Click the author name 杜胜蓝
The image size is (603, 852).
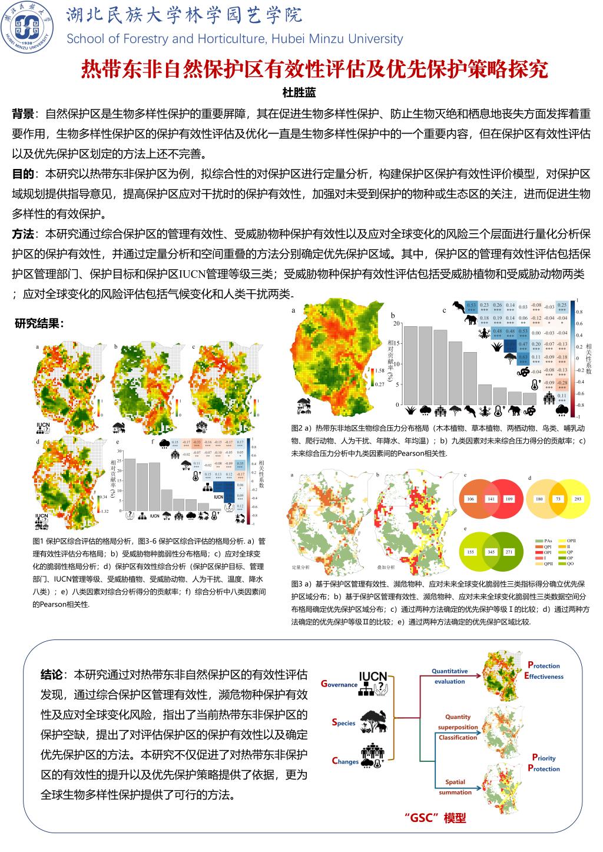click(301, 92)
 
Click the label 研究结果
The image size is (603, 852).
click(39, 323)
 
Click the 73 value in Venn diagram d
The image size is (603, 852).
click(558, 499)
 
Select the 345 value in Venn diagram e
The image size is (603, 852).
click(490, 552)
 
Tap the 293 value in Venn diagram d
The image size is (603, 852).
click(578, 499)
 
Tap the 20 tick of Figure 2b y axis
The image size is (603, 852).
click(396, 323)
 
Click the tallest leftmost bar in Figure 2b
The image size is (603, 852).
click(410, 366)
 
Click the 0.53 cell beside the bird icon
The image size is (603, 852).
click(471, 305)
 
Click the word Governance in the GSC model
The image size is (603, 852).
click(340, 684)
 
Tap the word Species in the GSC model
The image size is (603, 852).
click(344, 722)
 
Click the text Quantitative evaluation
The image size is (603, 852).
click(449, 676)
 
